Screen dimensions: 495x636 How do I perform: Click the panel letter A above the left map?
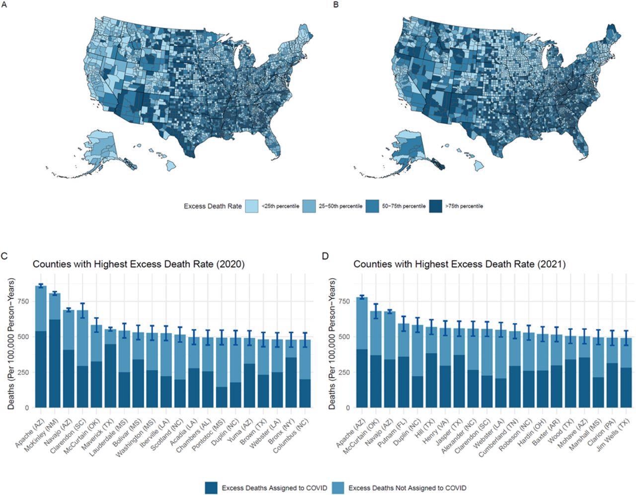click(x=4, y=4)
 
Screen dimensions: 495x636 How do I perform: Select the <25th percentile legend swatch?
click(x=252, y=206)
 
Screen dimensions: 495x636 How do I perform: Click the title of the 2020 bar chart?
click(x=139, y=264)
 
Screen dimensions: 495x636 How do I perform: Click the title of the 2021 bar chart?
click(x=459, y=264)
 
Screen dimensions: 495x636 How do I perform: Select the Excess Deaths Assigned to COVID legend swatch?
click(x=211, y=488)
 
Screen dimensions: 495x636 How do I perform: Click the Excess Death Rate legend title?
click(x=212, y=206)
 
